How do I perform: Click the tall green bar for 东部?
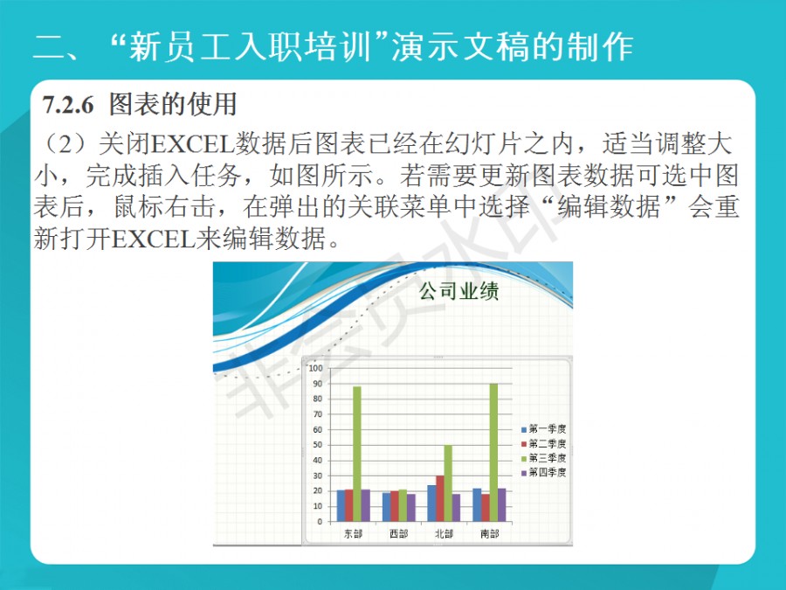coord(357,454)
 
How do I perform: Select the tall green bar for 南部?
coord(493,453)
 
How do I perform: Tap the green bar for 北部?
coord(448,483)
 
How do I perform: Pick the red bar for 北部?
coord(440,498)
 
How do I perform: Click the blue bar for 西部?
coord(387,507)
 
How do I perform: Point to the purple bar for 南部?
coord(502,504)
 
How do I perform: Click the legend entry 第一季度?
coord(544,429)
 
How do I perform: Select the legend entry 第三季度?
coord(544,458)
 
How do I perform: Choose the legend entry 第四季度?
coord(544,473)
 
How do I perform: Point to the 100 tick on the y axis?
coord(316,368)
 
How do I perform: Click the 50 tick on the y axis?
coord(318,445)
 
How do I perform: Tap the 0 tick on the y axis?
coord(320,522)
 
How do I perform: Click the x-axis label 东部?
coord(353,534)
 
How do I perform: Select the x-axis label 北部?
coord(445,534)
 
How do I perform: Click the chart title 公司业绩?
coord(458,291)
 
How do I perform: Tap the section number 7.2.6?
coord(68,105)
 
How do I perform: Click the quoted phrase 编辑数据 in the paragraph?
coord(609,206)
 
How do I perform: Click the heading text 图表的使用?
coord(173,104)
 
